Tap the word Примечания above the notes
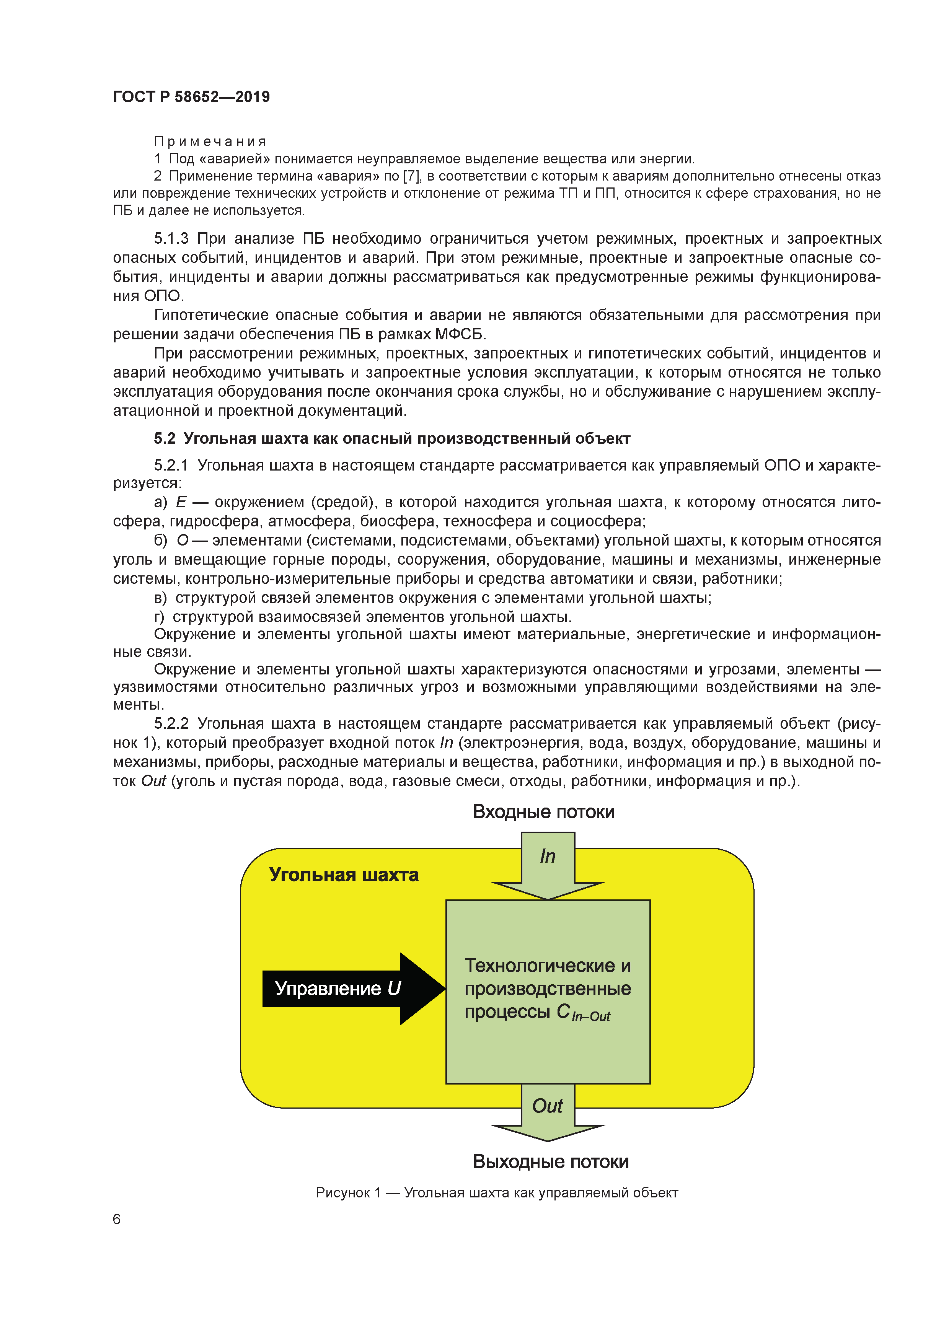coord(210,142)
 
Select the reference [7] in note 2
coord(412,176)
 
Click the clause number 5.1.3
coord(171,238)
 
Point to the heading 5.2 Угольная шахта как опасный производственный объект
coord(392,438)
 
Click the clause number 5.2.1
coord(171,465)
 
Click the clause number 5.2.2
coord(171,724)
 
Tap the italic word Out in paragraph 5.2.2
coord(153,781)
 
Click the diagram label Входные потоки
coord(543,812)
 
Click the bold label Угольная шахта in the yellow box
coord(344,875)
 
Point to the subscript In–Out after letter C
coord(590,1017)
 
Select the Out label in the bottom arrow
coord(547,1106)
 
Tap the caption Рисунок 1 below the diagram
coord(348,1192)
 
